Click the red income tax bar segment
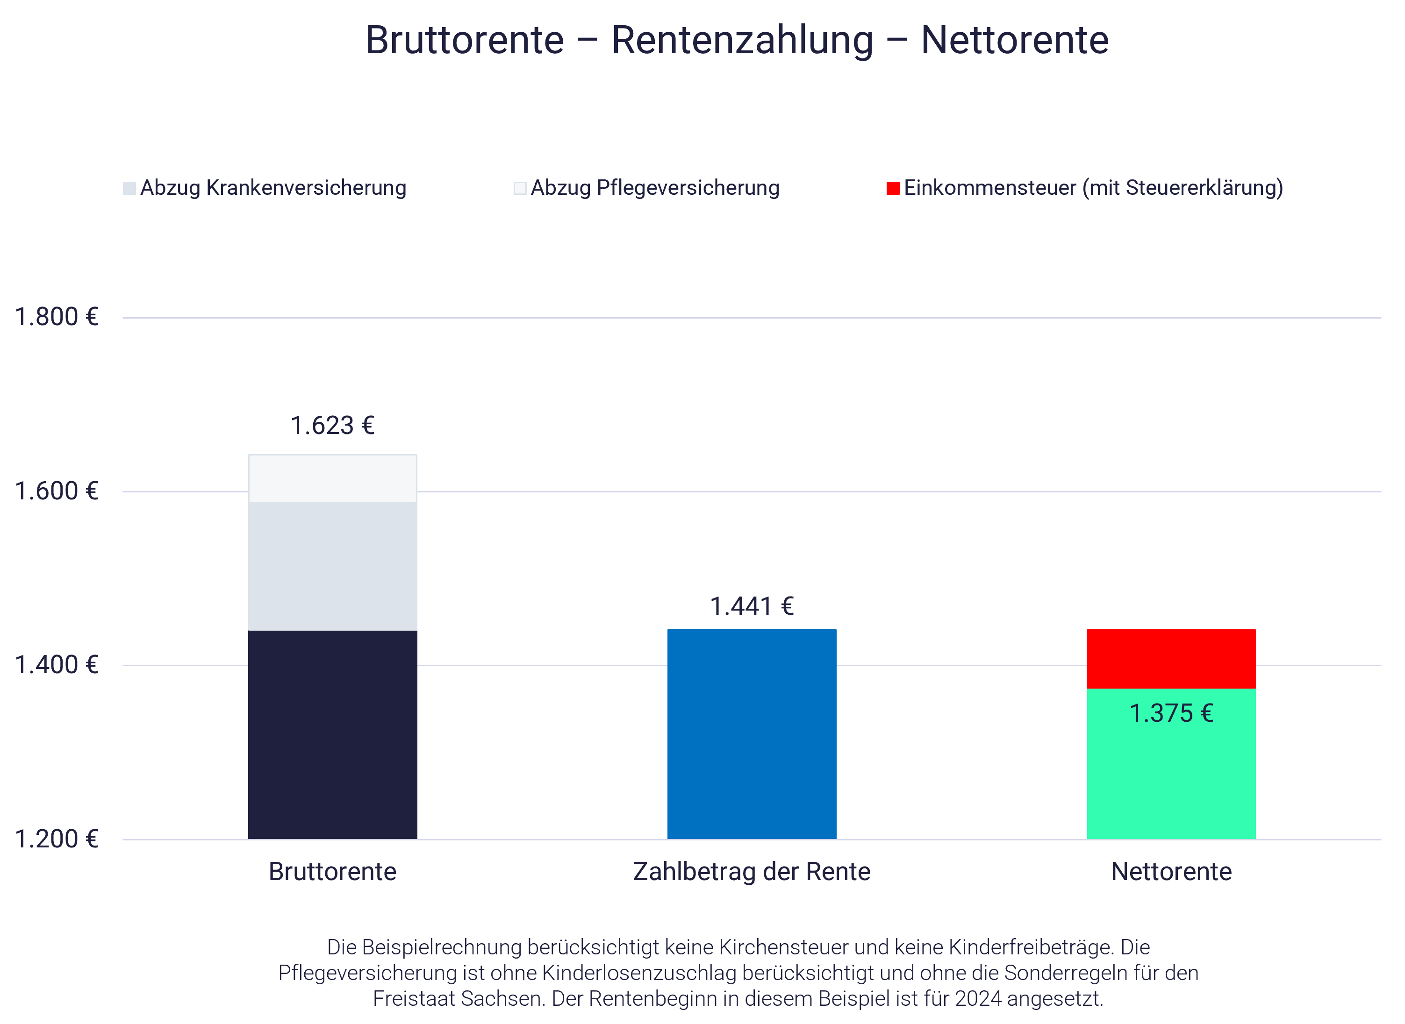click(x=1171, y=658)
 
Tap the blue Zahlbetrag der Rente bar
click(x=752, y=734)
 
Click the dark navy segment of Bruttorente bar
click(x=332, y=734)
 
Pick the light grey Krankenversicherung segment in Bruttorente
click(x=332, y=565)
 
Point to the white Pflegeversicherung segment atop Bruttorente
click(x=332, y=478)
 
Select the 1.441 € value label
click(x=752, y=606)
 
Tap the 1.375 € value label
click(x=1171, y=713)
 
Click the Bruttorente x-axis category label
click(x=332, y=872)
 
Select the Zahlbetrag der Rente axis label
click(x=752, y=872)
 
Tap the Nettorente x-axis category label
click(x=1171, y=872)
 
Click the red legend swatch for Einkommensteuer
click(x=893, y=188)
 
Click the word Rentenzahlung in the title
click(x=742, y=40)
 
